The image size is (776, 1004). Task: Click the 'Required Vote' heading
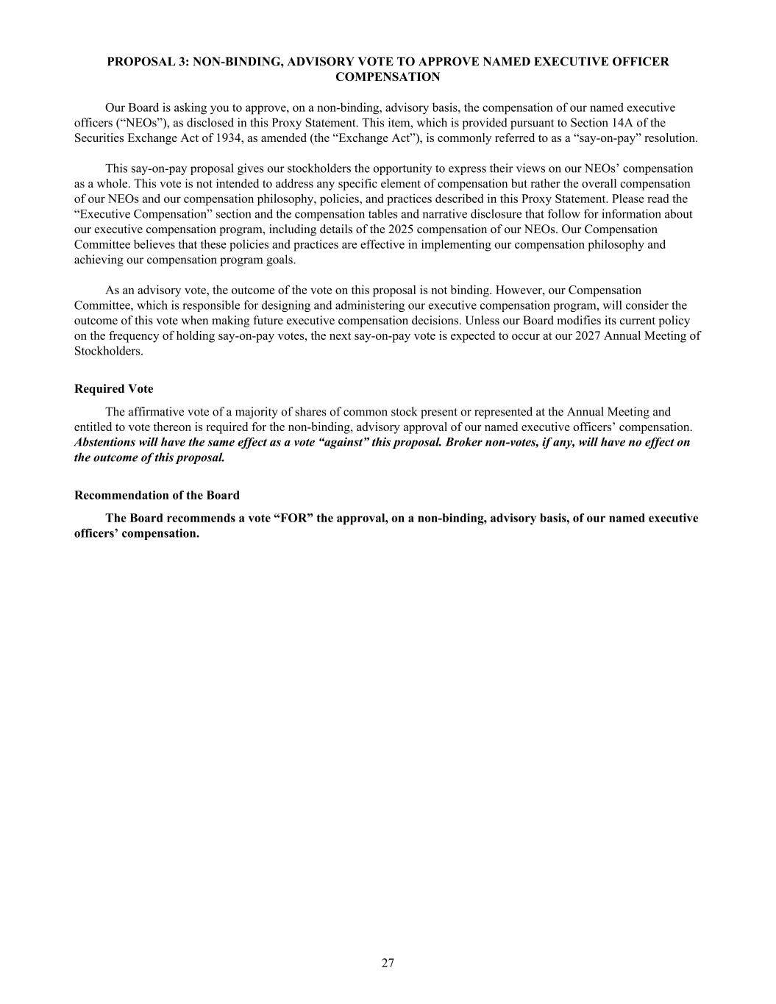[114, 388]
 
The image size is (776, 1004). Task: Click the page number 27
[388, 963]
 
